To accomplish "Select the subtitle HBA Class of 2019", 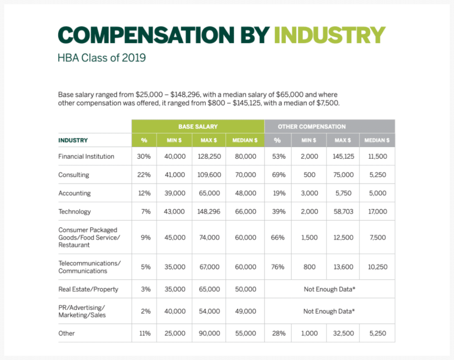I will [101, 58].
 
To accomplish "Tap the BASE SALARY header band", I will [198, 126].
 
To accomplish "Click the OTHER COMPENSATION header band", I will [311, 126].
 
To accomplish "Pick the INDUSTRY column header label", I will [73, 140].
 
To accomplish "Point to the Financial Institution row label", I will [86, 156].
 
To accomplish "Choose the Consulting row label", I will [74, 175].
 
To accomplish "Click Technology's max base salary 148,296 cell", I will [209, 212].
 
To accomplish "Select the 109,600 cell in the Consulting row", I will [209, 175].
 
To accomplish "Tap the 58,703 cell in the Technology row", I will [343, 212].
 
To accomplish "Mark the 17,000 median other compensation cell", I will [378, 212].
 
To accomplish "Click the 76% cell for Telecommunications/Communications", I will [277, 267].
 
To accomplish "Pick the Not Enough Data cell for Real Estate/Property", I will [329, 289].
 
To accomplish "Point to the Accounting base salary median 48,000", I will [246, 193].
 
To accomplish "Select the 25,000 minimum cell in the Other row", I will [175, 333].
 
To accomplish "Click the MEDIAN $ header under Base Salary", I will [245, 140].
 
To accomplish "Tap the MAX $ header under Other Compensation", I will [343, 140].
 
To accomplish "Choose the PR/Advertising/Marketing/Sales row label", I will [82, 311].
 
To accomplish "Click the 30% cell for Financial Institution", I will [144, 156].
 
